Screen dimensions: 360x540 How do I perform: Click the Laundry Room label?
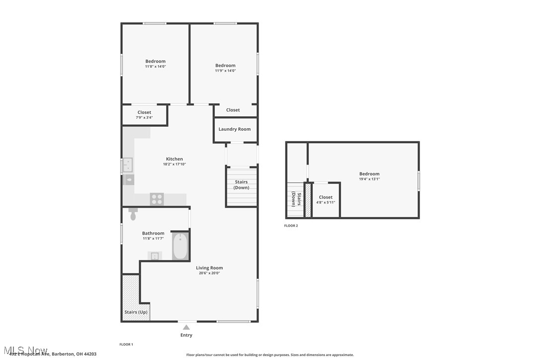[235, 129]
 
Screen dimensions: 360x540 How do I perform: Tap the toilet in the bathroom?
[133, 215]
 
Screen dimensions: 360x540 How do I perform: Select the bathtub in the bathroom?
[180, 246]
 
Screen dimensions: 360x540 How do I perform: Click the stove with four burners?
[157, 199]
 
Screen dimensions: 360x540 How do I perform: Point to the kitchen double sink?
[127, 165]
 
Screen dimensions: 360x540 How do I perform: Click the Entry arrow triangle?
[186, 327]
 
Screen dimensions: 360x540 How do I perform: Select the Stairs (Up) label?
[136, 312]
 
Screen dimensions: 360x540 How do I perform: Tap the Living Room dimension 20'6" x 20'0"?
[209, 273]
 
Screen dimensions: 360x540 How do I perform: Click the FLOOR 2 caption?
[291, 226]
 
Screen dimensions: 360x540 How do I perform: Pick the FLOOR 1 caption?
[126, 344]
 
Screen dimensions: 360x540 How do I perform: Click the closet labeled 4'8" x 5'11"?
[326, 200]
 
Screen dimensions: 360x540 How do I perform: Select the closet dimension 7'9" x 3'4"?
[144, 118]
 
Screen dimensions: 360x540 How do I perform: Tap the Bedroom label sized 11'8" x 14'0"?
[155, 62]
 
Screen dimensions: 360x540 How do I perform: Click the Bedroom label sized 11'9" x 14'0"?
[225, 66]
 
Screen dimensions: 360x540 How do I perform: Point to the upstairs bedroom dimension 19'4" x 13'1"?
[369, 179]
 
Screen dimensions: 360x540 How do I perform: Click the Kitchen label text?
[175, 159]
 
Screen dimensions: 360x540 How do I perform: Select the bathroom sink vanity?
[155, 256]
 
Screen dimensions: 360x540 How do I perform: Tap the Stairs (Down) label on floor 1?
[241, 184]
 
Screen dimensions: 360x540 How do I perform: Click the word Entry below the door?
[186, 335]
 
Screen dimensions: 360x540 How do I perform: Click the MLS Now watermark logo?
[24, 350]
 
